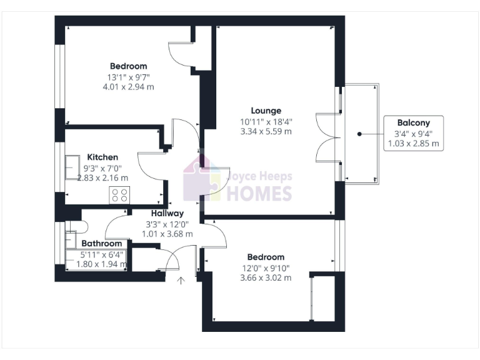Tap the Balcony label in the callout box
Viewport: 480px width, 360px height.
pyautogui.click(x=413, y=122)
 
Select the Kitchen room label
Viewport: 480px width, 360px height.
pyautogui.click(x=102, y=157)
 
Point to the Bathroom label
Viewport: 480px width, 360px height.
pyautogui.click(x=102, y=243)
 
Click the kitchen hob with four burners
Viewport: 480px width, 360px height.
pyautogui.click(x=119, y=195)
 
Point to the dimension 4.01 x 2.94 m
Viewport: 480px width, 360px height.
pyautogui.click(x=128, y=87)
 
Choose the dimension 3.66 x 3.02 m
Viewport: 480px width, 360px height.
pyautogui.click(x=266, y=277)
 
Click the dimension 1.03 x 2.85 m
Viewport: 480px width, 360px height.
pyautogui.click(x=413, y=143)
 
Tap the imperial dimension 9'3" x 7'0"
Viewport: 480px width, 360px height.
pyautogui.click(x=102, y=167)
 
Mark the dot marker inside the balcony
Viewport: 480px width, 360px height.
pyautogui.click(x=359, y=134)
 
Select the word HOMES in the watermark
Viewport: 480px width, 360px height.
pyautogui.click(x=259, y=193)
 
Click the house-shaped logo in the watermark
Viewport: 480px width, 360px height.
pyautogui.click(x=201, y=179)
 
